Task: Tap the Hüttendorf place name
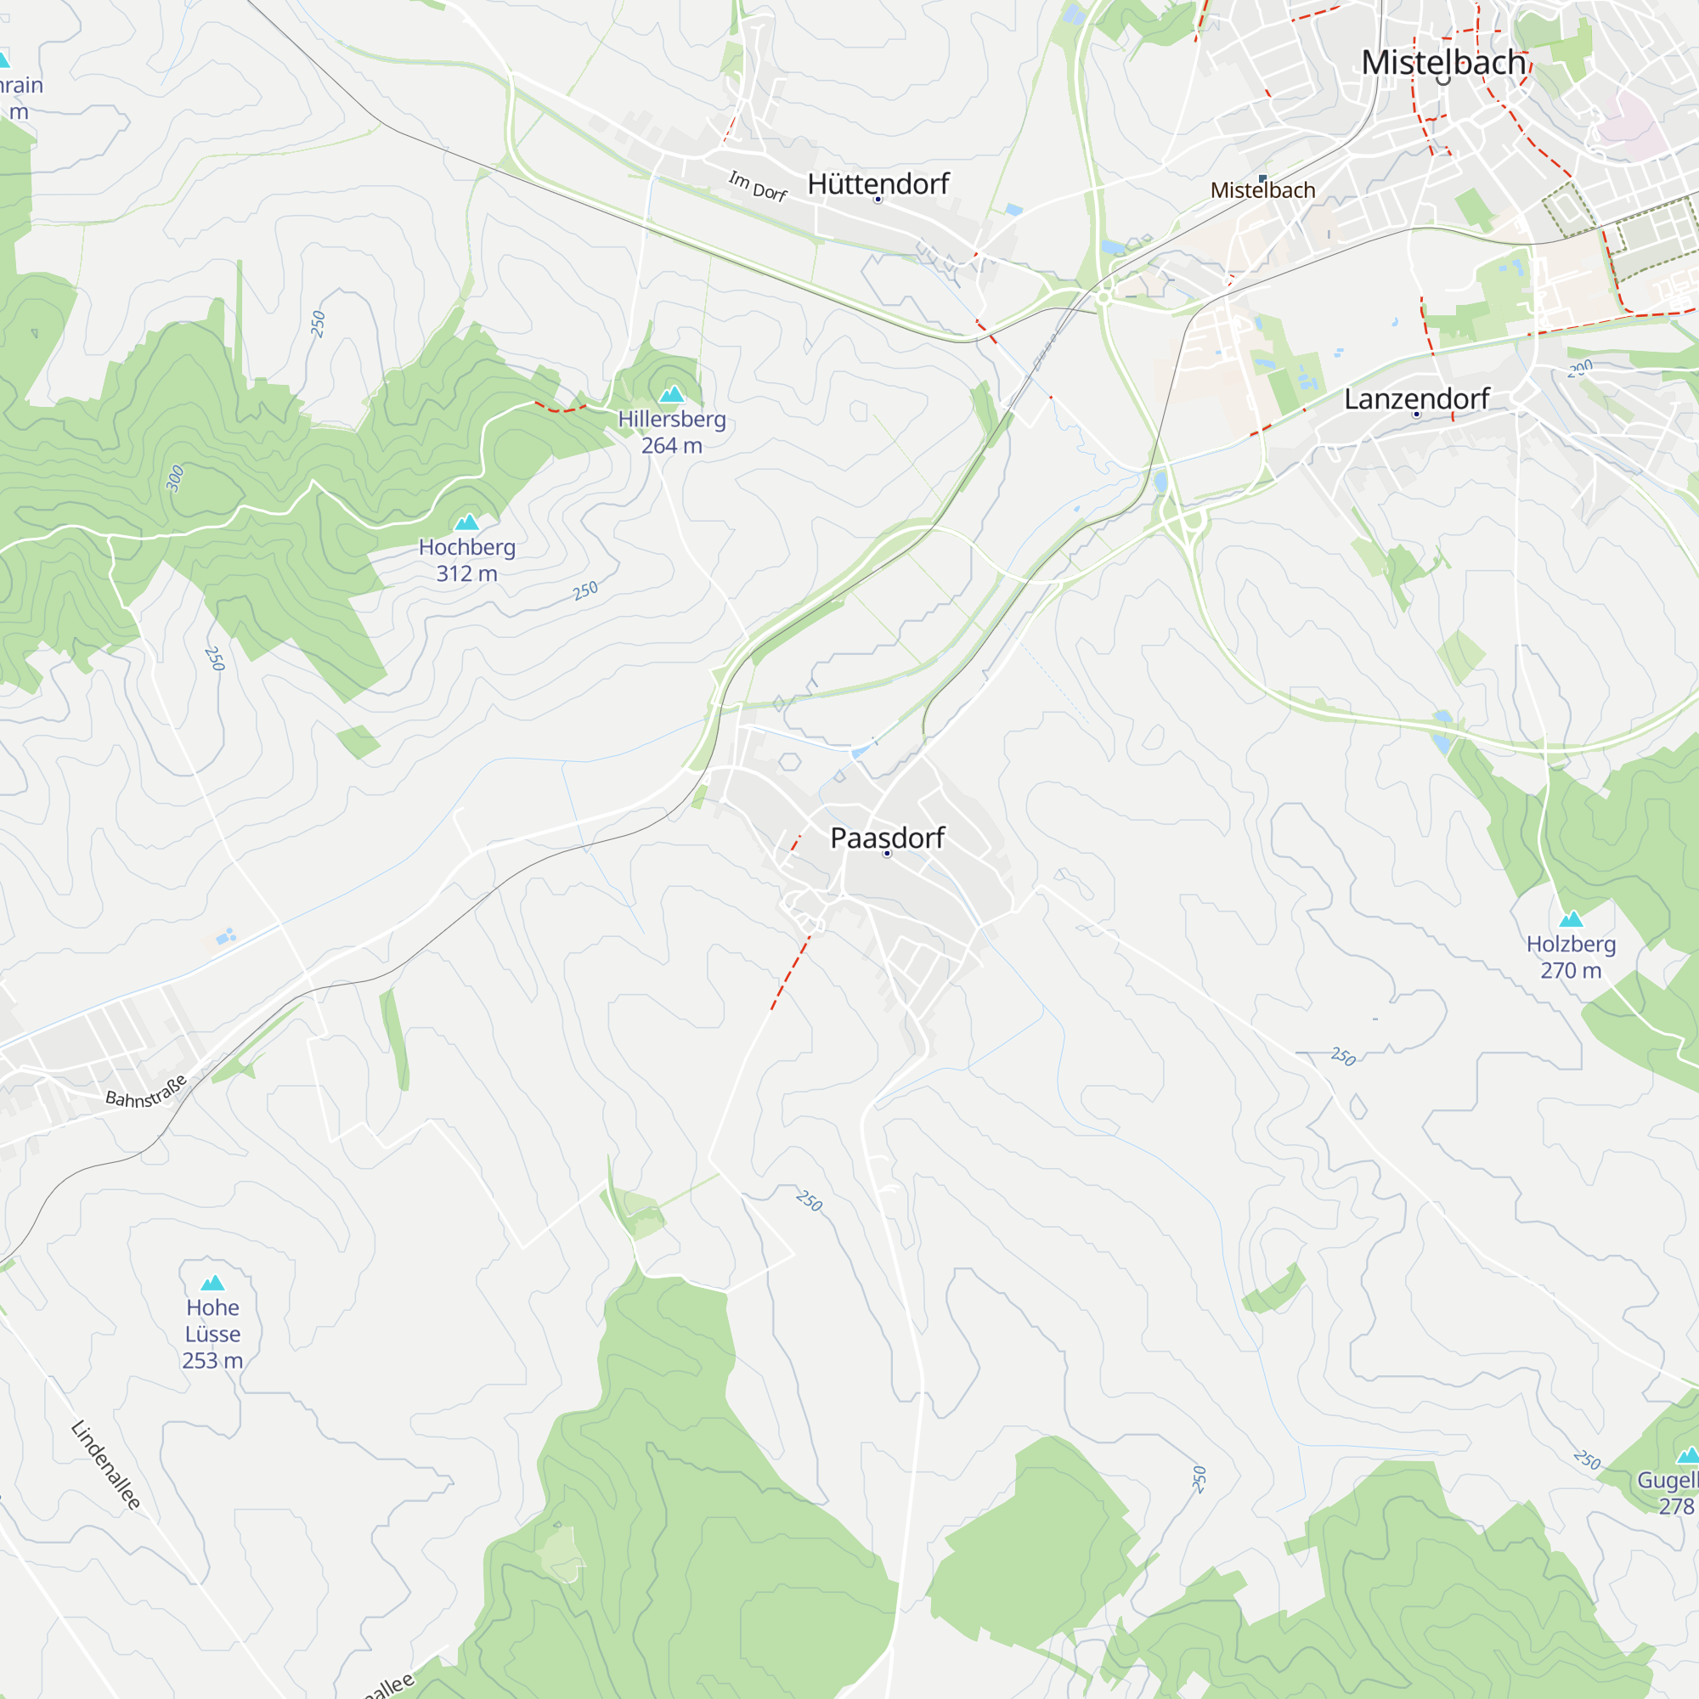tap(878, 183)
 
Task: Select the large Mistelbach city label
tap(1443, 62)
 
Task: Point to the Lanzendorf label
tap(1416, 398)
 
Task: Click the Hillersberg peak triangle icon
tap(672, 394)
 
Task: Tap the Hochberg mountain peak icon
tap(467, 522)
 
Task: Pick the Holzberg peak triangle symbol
tap(1571, 920)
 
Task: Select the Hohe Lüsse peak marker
tap(213, 1283)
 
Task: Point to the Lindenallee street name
tap(106, 1465)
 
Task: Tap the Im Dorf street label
tap(757, 186)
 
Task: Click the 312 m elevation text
tap(467, 573)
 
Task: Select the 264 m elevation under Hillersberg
tap(672, 446)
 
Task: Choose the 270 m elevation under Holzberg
tap(1571, 971)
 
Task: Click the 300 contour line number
tap(175, 477)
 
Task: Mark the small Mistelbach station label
tap(1263, 191)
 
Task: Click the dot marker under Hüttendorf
tap(878, 200)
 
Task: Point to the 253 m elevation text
tap(213, 1360)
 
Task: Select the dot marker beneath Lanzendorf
tap(1416, 415)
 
